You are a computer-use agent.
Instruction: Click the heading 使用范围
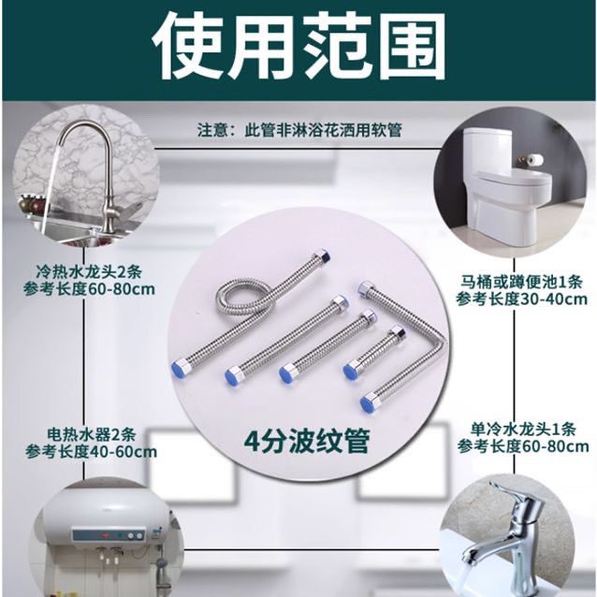point(298,47)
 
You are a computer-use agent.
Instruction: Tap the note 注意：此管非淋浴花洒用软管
point(299,130)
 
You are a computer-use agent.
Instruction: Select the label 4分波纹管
point(307,442)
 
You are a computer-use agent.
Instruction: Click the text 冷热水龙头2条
point(89,272)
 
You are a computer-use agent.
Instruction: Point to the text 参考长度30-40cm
point(521,299)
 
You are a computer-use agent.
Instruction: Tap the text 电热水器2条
point(92,434)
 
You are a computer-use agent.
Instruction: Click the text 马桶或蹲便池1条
point(521,283)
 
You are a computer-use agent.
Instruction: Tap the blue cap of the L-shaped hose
point(367,402)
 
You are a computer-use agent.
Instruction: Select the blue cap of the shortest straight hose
point(350,371)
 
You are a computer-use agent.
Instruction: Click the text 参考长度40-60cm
point(92,452)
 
